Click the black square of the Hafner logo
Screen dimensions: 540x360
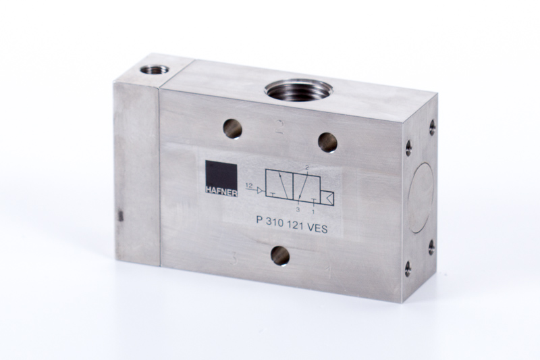(x=221, y=174)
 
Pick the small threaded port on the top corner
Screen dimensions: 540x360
(x=155, y=70)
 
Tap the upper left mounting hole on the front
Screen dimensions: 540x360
(x=232, y=129)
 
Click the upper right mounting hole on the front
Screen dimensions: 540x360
(x=327, y=143)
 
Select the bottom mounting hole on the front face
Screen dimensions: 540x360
(x=280, y=255)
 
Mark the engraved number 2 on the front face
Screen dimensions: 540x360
(x=280, y=127)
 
